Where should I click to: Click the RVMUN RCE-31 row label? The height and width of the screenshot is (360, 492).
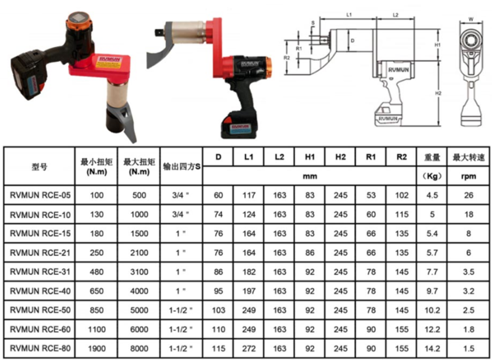(x=40, y=272)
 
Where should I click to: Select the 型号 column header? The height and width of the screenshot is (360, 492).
(x=39, y=167)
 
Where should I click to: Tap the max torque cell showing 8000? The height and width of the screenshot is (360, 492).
(x=139, y=348)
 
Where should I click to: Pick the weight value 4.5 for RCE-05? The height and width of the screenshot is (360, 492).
(x=432, y=195)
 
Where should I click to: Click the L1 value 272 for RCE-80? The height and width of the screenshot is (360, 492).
(x=249, y=348)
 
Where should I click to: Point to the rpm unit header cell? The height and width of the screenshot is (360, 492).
(x=468, y=176)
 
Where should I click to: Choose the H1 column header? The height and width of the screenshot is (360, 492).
(x=310, y=157)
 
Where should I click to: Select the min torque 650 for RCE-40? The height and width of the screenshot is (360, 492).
(x=97, y=291)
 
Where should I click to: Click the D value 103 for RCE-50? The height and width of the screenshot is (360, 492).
(x=218, y=310)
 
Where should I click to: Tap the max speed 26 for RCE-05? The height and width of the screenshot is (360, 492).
(x=468, y=195)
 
